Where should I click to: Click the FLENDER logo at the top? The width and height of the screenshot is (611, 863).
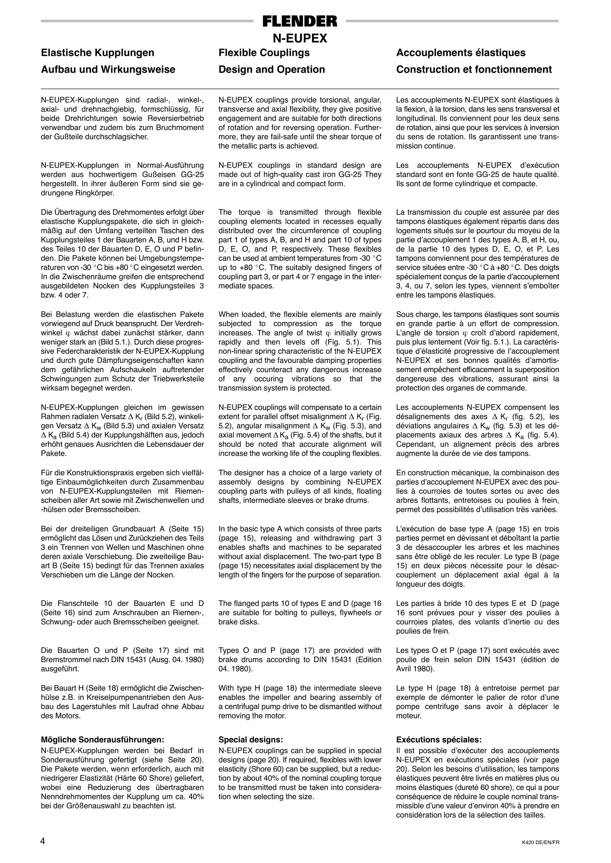coord(300,21)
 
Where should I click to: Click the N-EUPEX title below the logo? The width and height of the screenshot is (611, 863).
coord(300,38)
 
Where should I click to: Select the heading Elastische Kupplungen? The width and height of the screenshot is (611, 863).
coord(98,52)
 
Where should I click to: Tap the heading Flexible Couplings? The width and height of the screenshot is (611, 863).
coord(264,52)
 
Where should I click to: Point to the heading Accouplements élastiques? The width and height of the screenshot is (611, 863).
coord(461,52)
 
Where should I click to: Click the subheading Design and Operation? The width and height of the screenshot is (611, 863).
coord(272,69)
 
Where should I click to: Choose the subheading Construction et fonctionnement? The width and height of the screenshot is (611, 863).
coord(474,69)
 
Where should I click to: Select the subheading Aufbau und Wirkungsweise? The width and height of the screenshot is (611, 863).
coord(108,69)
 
